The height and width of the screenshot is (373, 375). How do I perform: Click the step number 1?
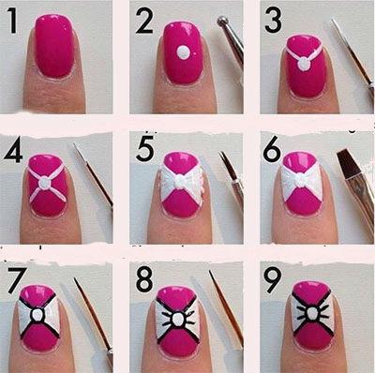coord(12,21)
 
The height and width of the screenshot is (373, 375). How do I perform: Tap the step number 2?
coord(144,21)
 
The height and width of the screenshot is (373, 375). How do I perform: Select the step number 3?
coord(273,21)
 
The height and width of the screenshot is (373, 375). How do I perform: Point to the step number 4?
coord(13,151)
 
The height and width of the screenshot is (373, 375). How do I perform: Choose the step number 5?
coord(145,149)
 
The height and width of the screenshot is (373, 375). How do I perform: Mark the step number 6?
coord(272,150)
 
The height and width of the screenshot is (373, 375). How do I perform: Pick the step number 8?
coord(144,280)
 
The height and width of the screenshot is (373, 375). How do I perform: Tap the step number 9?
coord(272,280)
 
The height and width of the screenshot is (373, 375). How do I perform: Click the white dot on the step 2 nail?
coord(183,52)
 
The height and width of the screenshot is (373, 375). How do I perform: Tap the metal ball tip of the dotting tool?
coord(222,21)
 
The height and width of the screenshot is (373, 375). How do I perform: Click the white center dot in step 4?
coord(44,183)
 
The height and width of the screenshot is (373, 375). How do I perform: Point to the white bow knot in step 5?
coord(180,181)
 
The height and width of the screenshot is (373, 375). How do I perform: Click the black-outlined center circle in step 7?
coord(37,315)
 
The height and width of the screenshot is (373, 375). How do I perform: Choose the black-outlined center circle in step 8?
coord(177,319)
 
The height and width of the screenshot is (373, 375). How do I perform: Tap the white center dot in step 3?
coord(304,64)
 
